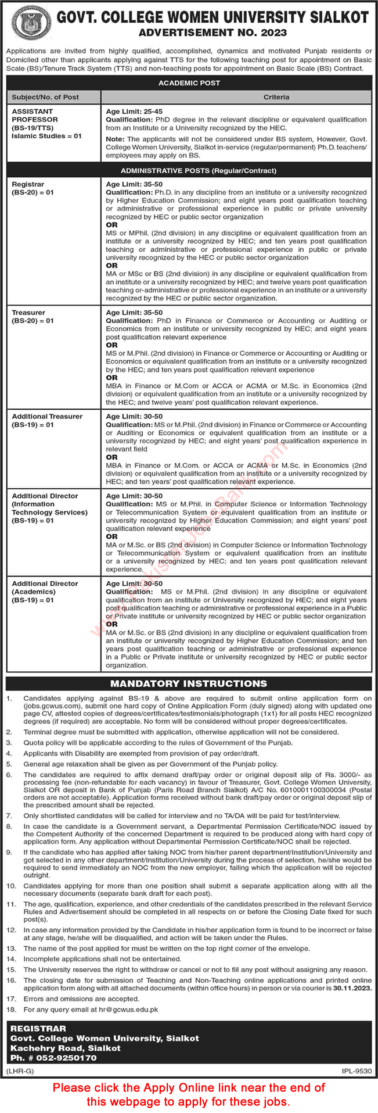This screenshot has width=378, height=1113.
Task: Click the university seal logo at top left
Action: (27, 23)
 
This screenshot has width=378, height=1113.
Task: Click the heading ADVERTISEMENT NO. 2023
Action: (213, 33)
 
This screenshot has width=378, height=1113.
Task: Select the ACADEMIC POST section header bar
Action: (189, 83)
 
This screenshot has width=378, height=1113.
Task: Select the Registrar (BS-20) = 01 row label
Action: (33, 188)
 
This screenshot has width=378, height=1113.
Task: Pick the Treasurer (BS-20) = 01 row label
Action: (33, 317)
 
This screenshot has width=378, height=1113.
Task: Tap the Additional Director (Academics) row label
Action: (45, 592)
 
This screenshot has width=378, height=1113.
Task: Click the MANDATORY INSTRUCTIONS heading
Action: (189, 683)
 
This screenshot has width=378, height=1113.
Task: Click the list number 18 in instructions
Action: (10, 1010)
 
